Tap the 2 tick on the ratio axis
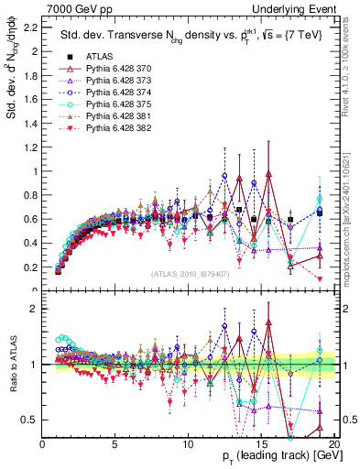point(34,309)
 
